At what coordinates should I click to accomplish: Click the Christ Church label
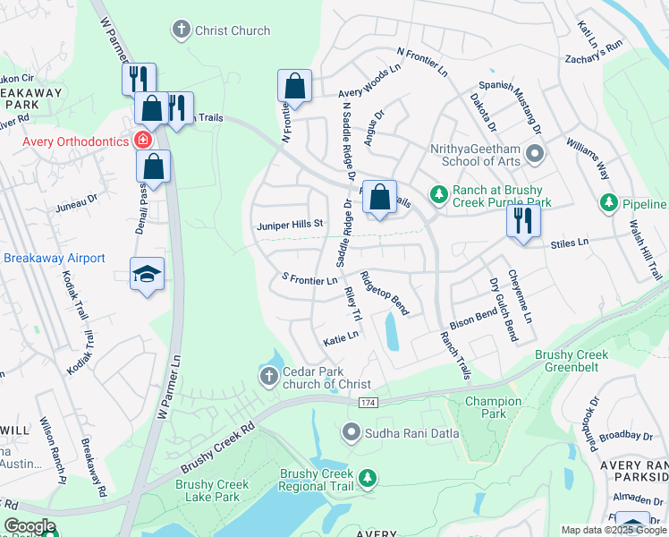pos(232,30)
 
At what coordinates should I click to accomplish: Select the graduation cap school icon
pos(148,274)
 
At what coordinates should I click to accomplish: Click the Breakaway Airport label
pos(55,258)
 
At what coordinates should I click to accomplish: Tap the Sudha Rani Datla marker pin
pos(351,434)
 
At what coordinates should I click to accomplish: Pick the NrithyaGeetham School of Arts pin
pos(535,155)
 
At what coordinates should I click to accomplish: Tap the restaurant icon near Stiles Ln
pos(522,218)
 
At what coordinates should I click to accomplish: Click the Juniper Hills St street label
pos(290,225)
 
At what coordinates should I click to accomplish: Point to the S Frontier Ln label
pos(309,280)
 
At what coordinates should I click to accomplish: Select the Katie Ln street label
pos(341,337)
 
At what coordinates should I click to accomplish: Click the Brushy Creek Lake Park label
pos(213,490)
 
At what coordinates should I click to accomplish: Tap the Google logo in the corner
pos(30,526)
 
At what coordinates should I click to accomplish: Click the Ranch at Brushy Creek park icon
pos(438,193)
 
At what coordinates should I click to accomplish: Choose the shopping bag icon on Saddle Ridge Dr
pos(379,195)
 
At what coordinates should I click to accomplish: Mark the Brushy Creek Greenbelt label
pos(572,361)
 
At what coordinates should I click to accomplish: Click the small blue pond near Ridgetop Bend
pos(392,332)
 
